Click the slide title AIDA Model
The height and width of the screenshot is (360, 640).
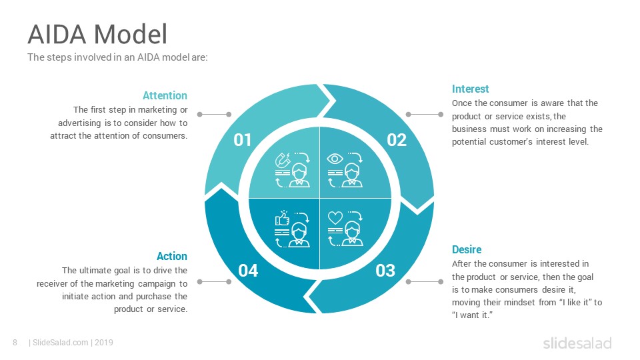[x=97, y=34]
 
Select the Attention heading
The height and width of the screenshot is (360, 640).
[x=165, y=95]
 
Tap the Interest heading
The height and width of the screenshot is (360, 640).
[x=470, y=89]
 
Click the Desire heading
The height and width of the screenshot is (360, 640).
[x=467, y=249]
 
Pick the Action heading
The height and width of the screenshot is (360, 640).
[x=171, y=256]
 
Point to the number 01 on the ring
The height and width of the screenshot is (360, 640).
[x=243, y=140]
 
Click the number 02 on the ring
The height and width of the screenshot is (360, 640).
[x=397, y=140]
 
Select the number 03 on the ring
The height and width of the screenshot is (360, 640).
[x=385, y=271]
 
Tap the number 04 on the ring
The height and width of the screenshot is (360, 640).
[x=248, y=271]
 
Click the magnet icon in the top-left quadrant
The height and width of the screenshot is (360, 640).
[x=283, y=161]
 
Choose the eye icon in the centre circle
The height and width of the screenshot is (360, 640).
[x=335, y=159]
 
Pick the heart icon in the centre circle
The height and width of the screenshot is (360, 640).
[x=335, y=218]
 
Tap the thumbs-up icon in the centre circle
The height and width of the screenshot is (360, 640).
[x=282, y=219]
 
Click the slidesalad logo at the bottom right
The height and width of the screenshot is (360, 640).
[x=577, y=343]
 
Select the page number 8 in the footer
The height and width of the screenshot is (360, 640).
[x=15, y=343]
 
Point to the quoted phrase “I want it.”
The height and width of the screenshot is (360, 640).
[x=472, y=314]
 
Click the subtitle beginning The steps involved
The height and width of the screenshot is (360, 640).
[x=117, y=57]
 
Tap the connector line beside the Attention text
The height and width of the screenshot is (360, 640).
[x=213, y=115]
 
